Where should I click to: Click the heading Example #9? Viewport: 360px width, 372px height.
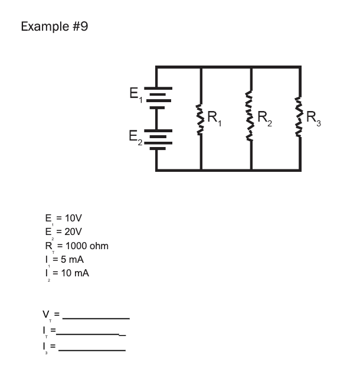tap(54, 27)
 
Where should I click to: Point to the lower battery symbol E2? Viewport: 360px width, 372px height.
tap(157, 139)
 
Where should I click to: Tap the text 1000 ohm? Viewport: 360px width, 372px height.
tap(87, 246)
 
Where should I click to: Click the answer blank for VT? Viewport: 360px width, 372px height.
tap(96, 318)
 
